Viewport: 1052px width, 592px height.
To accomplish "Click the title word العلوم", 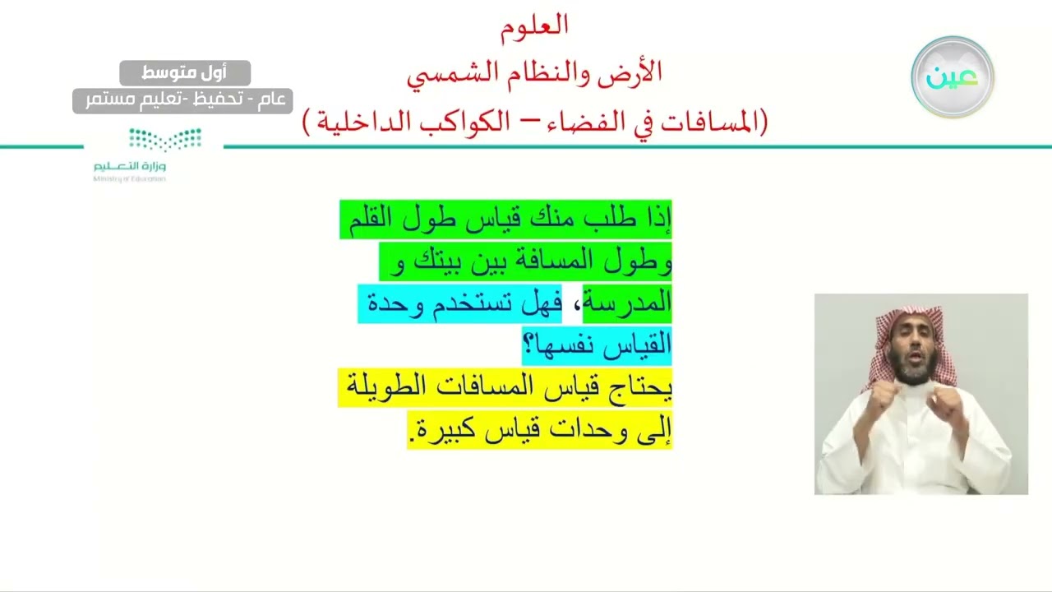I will point(534,25).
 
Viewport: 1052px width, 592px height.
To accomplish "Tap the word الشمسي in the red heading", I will point(447,73).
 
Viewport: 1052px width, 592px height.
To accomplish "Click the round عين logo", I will point(952,76).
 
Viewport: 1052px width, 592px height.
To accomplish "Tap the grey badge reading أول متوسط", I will point(185,73).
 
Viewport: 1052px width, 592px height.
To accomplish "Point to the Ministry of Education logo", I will point(131,155).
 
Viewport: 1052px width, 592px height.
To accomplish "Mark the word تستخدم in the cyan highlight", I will point(480,303).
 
